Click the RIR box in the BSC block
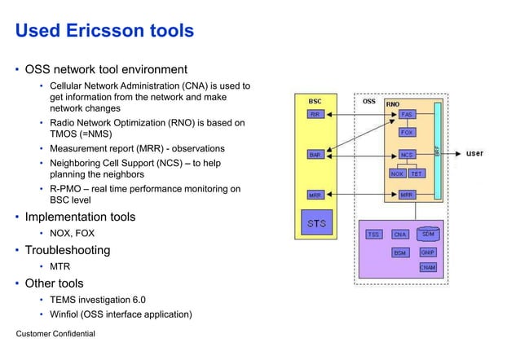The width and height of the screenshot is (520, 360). (x=315, y=115)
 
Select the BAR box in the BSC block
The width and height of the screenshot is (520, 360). (x=315, y=154)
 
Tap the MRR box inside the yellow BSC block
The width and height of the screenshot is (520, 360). (x=315, y=195)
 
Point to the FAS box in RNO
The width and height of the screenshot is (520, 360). (x=408, y=115)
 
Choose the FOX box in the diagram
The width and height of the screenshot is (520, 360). (x=408, y=132)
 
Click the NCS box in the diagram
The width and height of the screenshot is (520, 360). (x=408, y=154)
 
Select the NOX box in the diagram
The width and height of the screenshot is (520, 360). (x=398, y=173)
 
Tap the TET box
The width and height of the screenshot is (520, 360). (x=416, y=173)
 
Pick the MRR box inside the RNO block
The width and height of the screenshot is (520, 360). (x=408, y=195)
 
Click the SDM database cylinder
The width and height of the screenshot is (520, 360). (x=427, y=234)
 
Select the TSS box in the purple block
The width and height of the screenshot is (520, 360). (x=373, y=235)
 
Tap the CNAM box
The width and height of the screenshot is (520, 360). (x=427, y=267)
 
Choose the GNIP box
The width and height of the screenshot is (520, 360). (x=427, y=252)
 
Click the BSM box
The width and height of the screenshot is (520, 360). (x=400, y=253)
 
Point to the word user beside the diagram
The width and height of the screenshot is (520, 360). (x=474, y=153)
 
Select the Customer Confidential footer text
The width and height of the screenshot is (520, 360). (x=55, y=334)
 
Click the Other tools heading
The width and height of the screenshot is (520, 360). (x=54, y=283)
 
